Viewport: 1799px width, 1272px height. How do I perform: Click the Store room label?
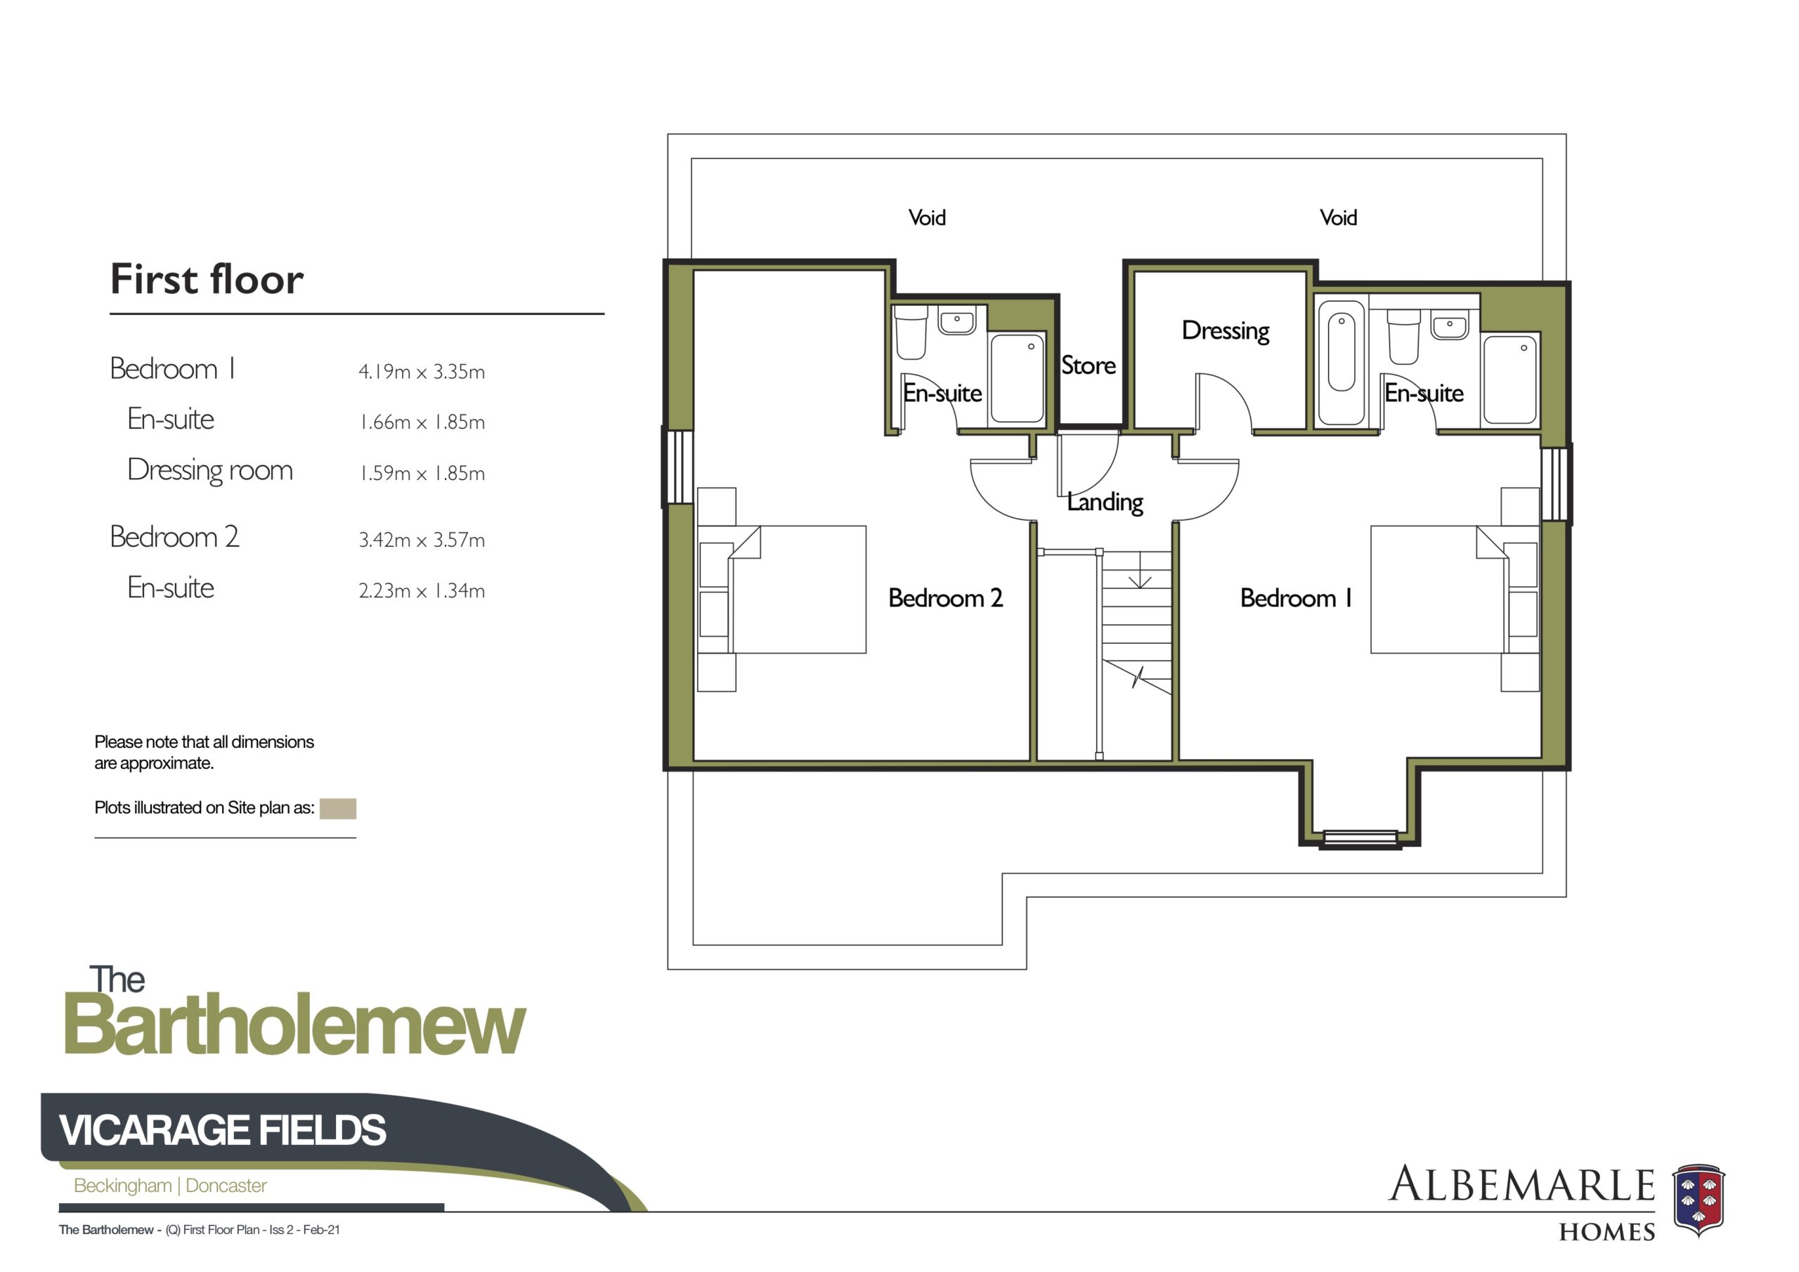[1088, 365]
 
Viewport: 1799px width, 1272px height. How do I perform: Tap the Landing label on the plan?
[1105, 502]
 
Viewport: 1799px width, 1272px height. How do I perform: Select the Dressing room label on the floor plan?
[1226, 331]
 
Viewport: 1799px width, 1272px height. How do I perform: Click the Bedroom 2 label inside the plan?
[945, 598]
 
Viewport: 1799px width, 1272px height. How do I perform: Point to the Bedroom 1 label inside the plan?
[1296, 598]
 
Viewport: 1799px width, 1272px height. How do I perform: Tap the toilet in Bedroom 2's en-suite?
[911, 332]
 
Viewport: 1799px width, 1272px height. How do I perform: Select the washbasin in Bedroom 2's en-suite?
[956, 320]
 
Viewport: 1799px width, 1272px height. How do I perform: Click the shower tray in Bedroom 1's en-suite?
[1510, 379]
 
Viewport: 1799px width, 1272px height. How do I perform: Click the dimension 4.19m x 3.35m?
[422, 372]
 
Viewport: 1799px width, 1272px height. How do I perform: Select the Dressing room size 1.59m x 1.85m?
[422, 474]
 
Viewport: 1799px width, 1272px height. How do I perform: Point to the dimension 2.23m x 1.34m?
[422, 591]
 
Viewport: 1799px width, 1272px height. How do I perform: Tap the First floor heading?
[207, 279]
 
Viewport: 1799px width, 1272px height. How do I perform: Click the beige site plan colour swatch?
[338, 809]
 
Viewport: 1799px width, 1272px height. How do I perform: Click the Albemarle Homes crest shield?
[1699, 1200]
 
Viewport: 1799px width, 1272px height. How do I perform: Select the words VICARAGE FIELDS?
[223, 1130]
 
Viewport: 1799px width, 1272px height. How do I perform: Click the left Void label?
[927, 218]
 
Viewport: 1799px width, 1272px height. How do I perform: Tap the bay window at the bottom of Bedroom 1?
[1359, 838]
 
